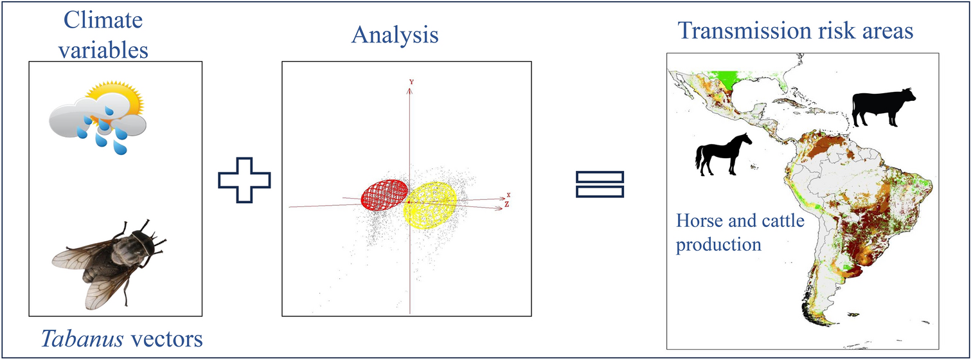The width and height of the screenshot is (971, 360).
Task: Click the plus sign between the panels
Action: click(x=244, y=180)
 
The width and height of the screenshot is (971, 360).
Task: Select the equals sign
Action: click(x=600, y=184)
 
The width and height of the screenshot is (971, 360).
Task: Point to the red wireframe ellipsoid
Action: click(x=384, y=195)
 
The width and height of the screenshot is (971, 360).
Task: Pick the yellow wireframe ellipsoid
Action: click(x=430, y=206)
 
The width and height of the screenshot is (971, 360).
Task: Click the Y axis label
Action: click(x=411, y=82)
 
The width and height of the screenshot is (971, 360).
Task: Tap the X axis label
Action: click(x=508, y=195)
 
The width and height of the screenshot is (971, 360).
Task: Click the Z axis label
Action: click(x=507, y=204)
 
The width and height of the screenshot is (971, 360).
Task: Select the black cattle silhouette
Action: click(x=883, y=107)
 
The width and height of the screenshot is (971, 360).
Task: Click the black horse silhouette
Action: click(x=723, y=154)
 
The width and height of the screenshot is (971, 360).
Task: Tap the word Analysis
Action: click(x=395, y=35)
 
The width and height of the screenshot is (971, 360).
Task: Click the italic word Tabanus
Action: click(x=82, y=339)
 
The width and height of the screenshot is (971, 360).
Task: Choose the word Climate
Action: click(x=103, y=20)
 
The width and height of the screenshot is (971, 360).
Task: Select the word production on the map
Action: click(x=718, y=245)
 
